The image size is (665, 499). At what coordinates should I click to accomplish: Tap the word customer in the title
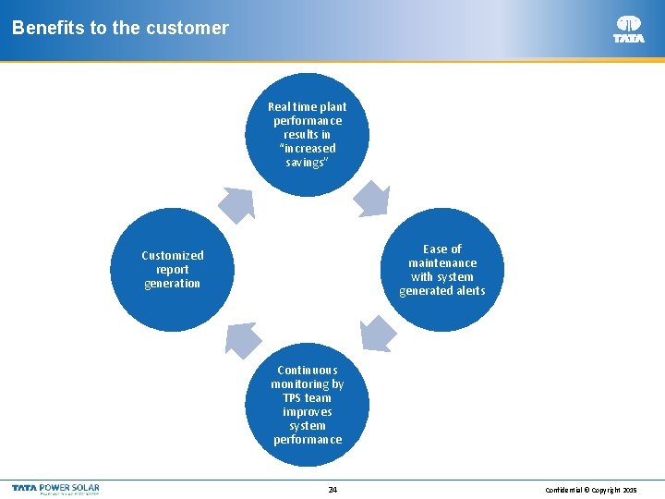pyautogui.click(x=193, y=28)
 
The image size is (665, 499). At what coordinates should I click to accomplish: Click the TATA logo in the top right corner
pyautogui.click(x=629, y=29)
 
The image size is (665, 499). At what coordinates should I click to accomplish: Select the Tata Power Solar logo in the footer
pyautogui.click(x=55, y=489)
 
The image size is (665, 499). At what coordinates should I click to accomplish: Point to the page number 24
pyautogui.click(x=332, y=490)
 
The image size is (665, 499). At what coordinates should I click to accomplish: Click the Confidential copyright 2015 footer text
pyautogui.click(x=591, y=490)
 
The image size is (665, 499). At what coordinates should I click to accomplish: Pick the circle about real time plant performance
pyautogui.click(x=308, y=134)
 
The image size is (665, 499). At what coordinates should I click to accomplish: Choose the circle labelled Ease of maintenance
pyautogui.click(x=442, y=270)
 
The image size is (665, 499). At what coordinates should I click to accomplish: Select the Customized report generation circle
pyautogui.click(x=173, y=270)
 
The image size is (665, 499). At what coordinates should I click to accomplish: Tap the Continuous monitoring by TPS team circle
pyautogui.click(x=308, y=405)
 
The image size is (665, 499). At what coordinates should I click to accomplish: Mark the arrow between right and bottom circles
pyautogui.click(x=377, y=334)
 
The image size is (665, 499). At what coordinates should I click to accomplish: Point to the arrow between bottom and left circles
pyautogui.click(x=240, y=338)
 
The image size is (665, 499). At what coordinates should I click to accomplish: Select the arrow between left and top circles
pyautogui.click(x=237, y=202)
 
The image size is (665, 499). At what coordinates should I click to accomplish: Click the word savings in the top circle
pyautogui.click(x=307, y=163)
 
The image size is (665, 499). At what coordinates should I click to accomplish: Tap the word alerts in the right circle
pyautogui.click(x=468, y=291)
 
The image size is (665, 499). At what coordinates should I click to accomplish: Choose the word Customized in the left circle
pyautogui.click(x=173, y=256)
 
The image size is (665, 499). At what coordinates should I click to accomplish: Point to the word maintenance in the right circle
pyautogui.click(x=442, y=263)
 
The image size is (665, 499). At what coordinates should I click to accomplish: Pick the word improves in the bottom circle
pyautogui.click(x=308, y=412)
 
